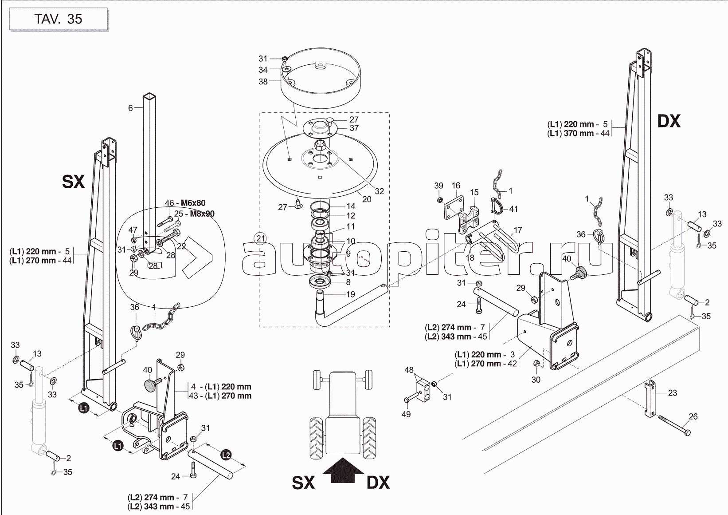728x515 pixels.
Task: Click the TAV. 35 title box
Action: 58,19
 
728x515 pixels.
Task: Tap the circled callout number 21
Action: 260,238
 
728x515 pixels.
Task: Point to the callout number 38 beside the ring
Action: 263,82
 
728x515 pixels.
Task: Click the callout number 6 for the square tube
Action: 130,108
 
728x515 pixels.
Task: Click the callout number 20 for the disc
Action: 367,199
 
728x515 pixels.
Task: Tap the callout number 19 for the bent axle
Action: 350,294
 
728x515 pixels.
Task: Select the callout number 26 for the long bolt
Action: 693,416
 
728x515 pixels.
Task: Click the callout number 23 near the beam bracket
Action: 672,392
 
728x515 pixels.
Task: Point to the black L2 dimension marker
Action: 226,455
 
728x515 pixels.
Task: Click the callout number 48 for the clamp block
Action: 409,369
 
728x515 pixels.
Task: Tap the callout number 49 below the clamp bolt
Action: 406,414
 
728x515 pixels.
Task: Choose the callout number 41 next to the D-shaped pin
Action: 513,209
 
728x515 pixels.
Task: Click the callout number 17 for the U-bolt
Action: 518,230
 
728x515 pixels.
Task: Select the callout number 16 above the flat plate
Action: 456,186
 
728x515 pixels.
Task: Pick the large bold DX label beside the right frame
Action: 668,121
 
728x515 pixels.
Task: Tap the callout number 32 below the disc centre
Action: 379,191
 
